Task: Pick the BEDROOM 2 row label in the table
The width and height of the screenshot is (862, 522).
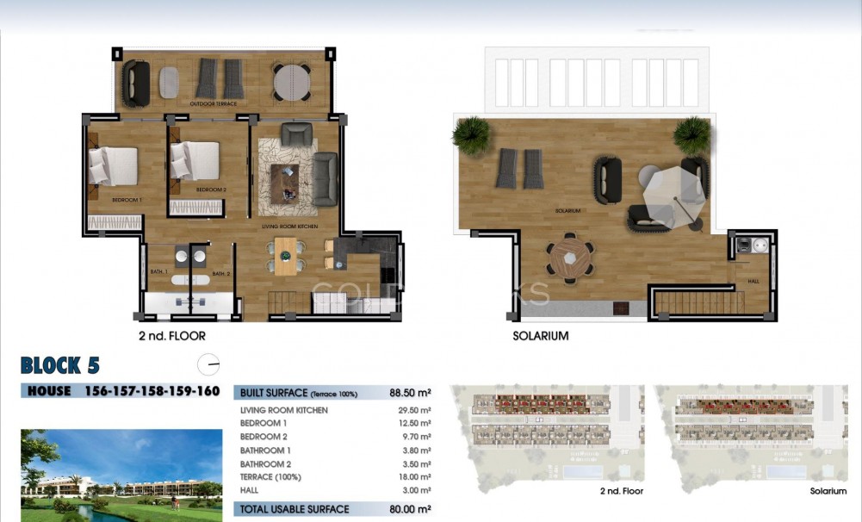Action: [264, 437]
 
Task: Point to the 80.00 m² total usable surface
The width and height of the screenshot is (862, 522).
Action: [409, 509]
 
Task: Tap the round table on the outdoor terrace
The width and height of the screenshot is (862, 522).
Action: [292, 82]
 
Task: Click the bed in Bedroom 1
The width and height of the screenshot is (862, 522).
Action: [113, 165]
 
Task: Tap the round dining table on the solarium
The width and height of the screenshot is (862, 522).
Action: [568, 257]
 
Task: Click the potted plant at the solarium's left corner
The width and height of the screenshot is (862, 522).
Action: [471, 135]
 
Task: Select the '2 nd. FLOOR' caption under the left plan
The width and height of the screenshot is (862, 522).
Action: [172, 336]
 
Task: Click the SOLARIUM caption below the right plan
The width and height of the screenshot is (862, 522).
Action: [541, 336]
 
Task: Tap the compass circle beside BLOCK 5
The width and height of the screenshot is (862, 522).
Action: [208, 365]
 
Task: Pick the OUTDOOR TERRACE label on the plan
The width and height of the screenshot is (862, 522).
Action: [213, 103]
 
